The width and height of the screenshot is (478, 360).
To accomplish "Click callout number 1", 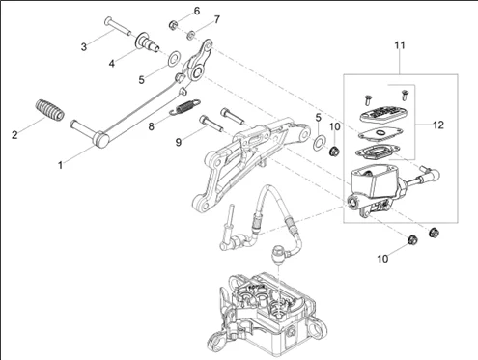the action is click(60, 165).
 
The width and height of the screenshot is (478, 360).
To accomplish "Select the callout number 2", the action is click(14, 135).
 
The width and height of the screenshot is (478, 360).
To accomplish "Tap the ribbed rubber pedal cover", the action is click(49, 110).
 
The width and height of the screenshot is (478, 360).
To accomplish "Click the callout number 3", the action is click(84, 47).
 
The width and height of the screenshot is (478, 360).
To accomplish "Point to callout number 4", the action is click(112, 64).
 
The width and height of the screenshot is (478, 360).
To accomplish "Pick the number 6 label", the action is click(197, 11).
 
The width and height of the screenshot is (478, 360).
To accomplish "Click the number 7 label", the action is click(217, 19).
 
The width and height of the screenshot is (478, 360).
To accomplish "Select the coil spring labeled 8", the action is click(184, 107).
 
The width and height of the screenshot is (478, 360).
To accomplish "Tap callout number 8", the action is click(151, 126).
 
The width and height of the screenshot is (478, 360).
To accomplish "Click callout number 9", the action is click(179, 142).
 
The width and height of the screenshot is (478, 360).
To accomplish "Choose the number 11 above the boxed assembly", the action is click(400, 45).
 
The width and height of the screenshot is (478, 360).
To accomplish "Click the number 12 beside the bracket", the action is click(438, 125).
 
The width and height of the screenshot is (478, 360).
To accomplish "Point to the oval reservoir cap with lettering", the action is click(382, 114).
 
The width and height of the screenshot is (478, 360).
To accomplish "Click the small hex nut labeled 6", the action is click(173, 25).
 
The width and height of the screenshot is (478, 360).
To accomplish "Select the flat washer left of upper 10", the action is click(319, 143).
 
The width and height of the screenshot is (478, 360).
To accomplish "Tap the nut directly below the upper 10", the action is click(334, 151).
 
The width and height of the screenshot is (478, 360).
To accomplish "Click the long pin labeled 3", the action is click(118, 27).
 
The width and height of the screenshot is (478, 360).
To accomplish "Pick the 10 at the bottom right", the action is click(382, 259).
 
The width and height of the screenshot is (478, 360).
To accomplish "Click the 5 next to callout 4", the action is click(142, 80).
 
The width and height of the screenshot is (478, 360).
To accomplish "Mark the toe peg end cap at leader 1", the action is click(101, 140).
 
